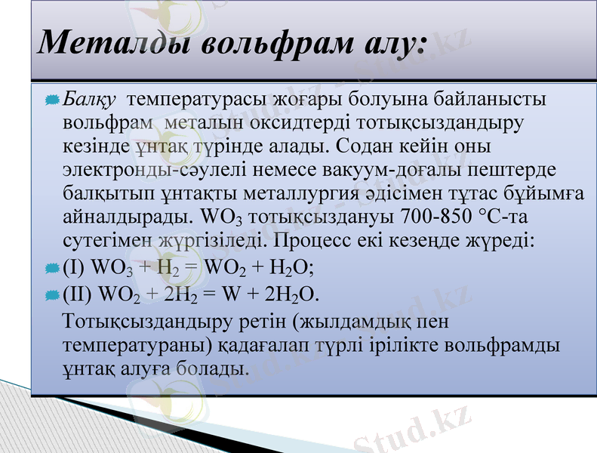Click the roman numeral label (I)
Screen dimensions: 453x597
(x=74, y=268)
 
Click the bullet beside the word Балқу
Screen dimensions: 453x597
(x=52, y=100)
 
